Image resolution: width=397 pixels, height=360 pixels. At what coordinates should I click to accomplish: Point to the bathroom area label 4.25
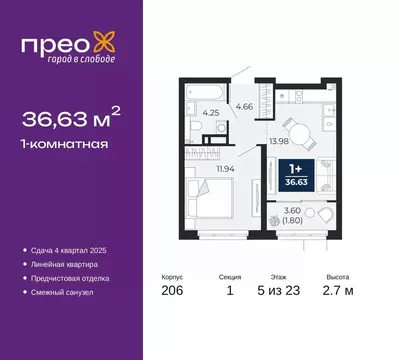coord(212,112)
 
